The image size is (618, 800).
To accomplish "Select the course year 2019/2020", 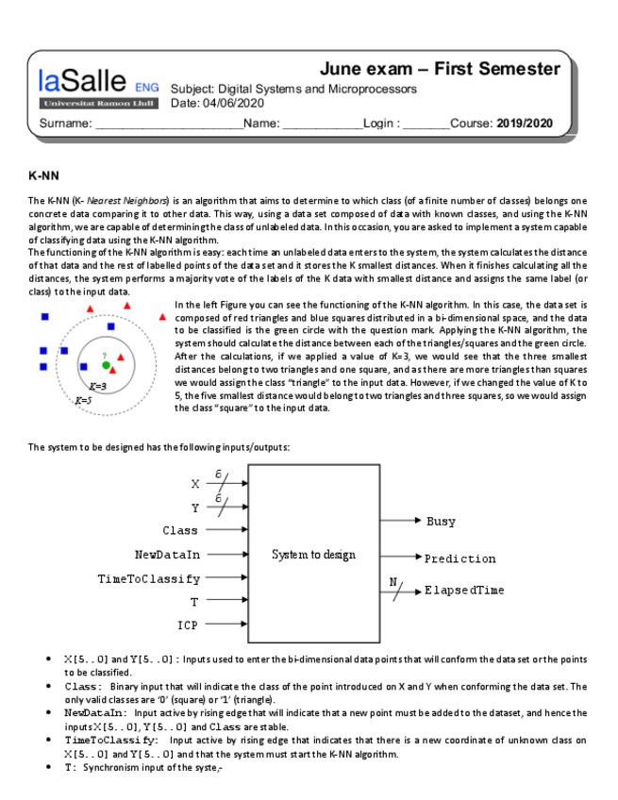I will coord(525,124).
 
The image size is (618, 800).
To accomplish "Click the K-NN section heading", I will coord(44,176).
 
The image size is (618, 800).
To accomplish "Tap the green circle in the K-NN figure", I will coord(107,365).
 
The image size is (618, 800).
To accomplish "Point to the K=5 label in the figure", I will coord(83,400).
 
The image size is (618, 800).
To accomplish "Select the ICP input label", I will coord(188,625).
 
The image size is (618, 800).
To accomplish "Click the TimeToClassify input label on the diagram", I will coord(149,578).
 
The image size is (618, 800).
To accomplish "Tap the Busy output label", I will coord(441,521).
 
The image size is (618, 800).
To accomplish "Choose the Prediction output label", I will coord(459,558).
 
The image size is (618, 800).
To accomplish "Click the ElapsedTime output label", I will coord(464,591).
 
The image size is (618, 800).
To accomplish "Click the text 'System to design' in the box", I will coord(313,555).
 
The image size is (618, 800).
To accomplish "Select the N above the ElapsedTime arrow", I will coord(393,581).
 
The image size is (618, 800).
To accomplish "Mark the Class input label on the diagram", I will coord(180,531).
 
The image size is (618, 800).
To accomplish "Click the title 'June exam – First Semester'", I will coord(440,69).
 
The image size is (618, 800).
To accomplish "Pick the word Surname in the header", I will coord(64,124).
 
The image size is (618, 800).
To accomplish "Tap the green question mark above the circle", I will coord(105,355).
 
